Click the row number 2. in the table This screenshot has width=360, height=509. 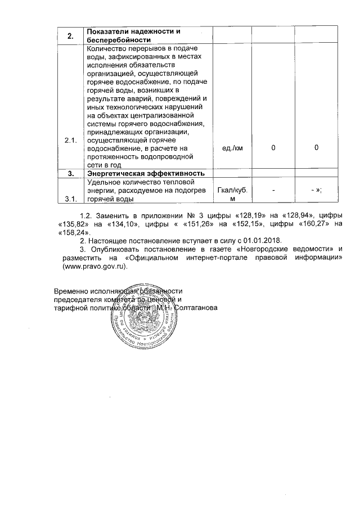[x=71, y=36]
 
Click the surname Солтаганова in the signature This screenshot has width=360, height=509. [x=195, y=308]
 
